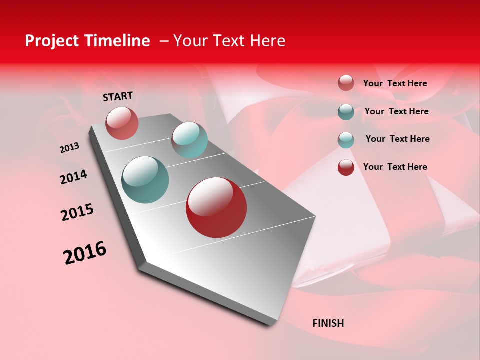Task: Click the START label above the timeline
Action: coord(118,96)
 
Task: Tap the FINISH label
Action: coord(328,323)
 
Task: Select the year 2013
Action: coord(70,147)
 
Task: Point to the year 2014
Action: coord(73,177)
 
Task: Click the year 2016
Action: coord(85,252)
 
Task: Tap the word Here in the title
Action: coord(267,41)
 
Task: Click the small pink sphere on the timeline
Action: coord(122,123)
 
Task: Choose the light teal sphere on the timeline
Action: coord(189,140)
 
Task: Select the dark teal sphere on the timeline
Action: coord(145,180)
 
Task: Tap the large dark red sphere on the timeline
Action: coord(216,207)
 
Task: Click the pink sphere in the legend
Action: coord(346,83)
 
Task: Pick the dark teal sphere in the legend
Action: coord(346,111)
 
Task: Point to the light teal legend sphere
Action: coord(346,139)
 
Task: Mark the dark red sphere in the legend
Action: coord(346,167)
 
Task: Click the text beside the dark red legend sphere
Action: coord(395,167)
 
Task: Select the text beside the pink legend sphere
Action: coord(395,83)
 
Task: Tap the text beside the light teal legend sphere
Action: coord(397,139)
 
